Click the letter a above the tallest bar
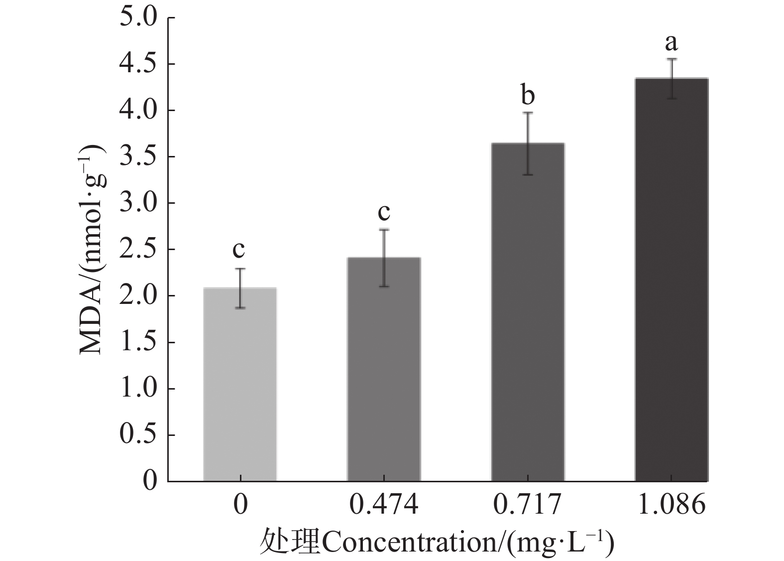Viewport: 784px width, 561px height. (672, 43)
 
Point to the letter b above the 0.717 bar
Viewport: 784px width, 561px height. (528, 94)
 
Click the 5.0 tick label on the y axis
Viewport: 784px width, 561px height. (138, 18)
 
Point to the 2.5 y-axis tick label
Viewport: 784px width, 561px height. (138, 250)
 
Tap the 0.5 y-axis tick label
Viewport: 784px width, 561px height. (138, 435)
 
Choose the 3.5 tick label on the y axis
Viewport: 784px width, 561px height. (138, 157)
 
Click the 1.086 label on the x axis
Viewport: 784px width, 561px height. (672, 505)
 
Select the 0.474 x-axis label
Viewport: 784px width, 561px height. (384, 505)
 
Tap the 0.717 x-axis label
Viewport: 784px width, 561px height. (528, 505)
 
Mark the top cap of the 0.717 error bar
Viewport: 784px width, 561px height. (528, 113)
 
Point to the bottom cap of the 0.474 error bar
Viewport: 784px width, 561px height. (384, 286)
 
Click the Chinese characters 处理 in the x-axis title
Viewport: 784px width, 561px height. (289, 543)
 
